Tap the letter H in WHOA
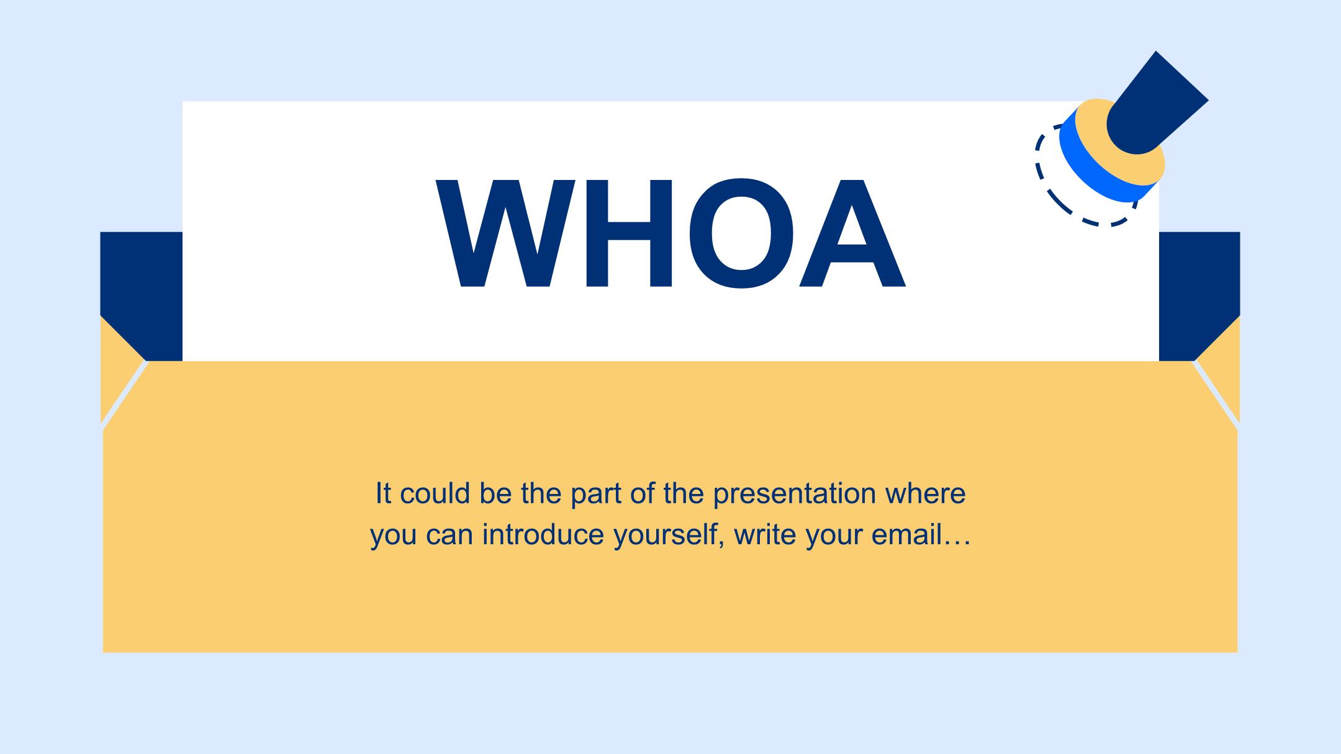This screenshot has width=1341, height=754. coord(629,234)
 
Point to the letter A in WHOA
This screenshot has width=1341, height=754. coord(852,234)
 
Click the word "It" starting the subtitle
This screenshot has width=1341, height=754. coord(383,493)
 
